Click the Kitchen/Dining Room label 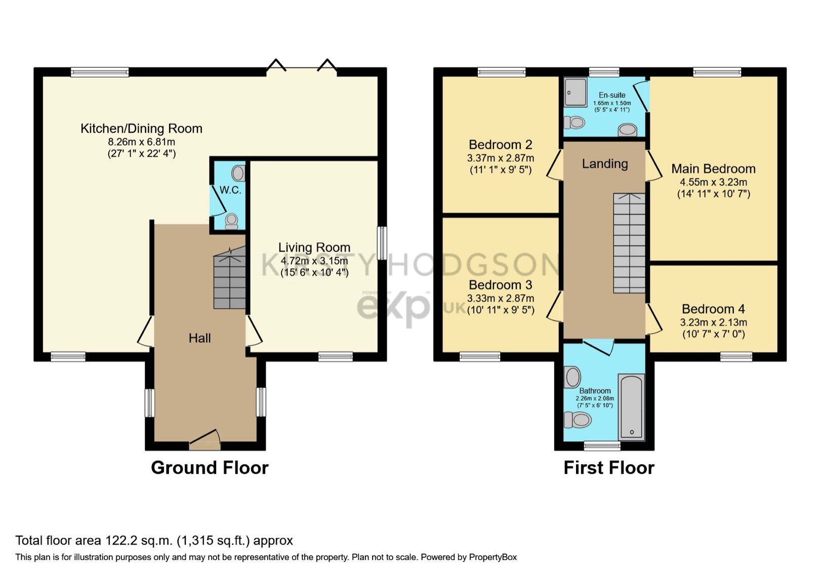coord(141,129)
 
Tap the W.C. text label coord(230,190)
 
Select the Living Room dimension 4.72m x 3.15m coord(314,261)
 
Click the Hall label coord(199,338)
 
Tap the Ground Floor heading coord(210,468)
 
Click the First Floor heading coord(608,468)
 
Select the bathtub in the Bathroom coord(631,407)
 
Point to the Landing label coord(604,163)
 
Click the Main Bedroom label coord(713,169)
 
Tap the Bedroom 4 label coord(713,309)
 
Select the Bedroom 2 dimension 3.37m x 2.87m coord(500,158)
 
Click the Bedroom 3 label coord(500,285)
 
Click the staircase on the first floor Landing coord(629,243)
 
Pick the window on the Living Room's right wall coord(382,243)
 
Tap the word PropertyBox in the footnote coord(493,557)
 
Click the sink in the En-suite coord(628,130)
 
